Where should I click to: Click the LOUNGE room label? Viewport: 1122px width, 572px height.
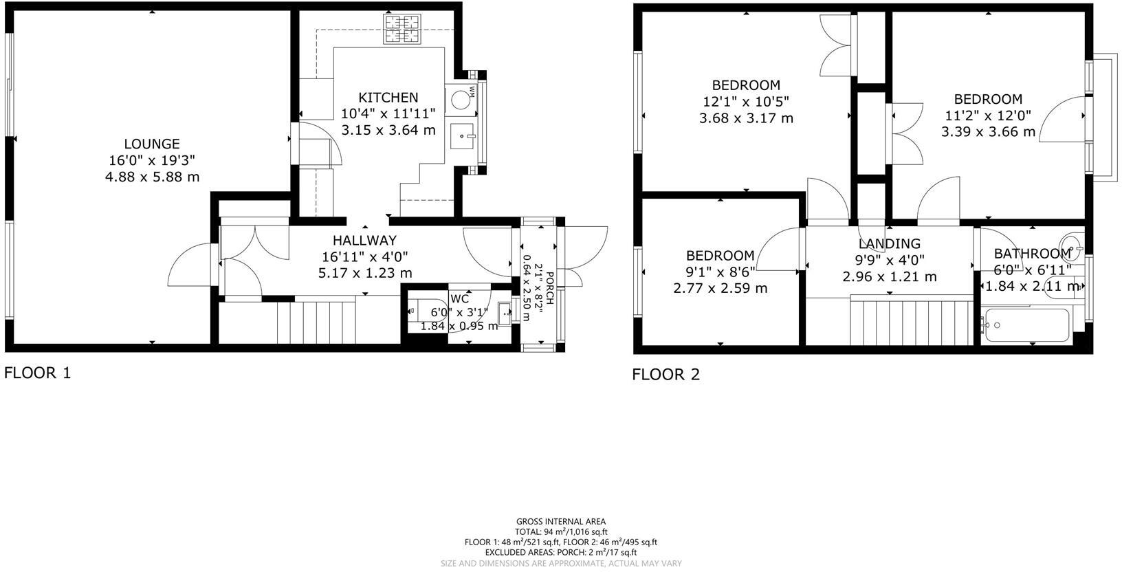152,144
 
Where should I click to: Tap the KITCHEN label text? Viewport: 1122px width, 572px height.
388,98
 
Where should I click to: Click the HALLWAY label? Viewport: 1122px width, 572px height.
364,241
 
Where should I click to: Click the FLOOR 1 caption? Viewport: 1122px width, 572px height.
38,373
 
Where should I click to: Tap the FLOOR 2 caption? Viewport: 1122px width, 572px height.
665,375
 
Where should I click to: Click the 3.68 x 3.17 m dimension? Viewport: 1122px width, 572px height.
746,118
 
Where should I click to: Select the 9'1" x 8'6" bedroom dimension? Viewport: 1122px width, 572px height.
720,272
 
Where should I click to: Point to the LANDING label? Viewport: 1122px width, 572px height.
889,243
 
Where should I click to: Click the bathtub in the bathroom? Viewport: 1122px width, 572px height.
1026,326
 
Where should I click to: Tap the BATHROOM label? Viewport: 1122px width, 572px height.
1033,254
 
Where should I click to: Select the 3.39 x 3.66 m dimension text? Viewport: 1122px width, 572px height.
988,132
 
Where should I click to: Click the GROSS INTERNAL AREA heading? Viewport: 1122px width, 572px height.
560,522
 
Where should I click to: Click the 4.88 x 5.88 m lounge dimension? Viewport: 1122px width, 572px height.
152,177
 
